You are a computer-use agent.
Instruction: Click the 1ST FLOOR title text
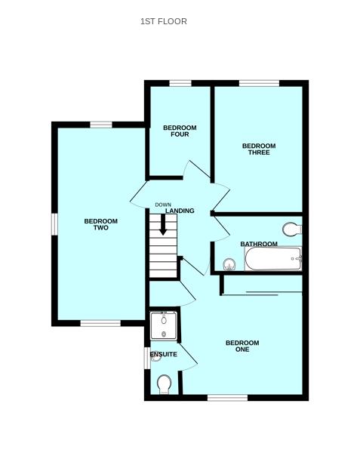163,21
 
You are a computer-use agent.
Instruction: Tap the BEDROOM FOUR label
180,131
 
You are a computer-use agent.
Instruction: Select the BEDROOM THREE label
259,149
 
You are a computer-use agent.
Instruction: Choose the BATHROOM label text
259,244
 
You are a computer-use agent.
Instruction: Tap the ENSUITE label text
164,354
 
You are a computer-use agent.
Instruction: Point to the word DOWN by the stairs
163,205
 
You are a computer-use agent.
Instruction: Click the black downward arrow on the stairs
162,225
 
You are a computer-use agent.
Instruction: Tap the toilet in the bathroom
291,229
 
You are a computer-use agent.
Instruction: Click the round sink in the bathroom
229,263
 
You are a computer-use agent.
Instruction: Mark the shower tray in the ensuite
163,325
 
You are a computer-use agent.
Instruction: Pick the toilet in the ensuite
165,386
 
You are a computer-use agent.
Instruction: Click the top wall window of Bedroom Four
180,83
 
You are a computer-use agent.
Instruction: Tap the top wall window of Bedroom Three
259,83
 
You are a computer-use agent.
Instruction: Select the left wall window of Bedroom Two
54,224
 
